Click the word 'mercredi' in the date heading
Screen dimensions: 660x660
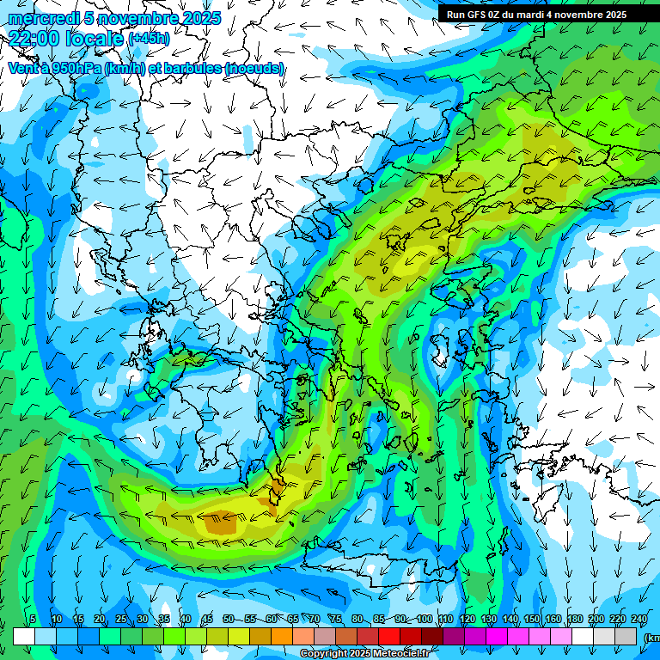pyautogui.click(x=39, y=18)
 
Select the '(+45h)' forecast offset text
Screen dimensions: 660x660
pyautogui.click(x=149, y=39)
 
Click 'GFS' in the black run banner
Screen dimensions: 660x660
pyautogui.click(x=477, y=15)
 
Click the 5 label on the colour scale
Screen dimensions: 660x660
pyautogui.click(x=33, y=620)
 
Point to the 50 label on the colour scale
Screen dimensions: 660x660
pyautogui.click(x=228, y=620)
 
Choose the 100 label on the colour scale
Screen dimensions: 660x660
pyautogui.click(x=424, y=620)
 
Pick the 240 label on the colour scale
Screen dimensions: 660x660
pyautogui.click(x=639, y=620)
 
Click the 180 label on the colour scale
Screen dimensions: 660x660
pyautogui.click(x=574, y=620)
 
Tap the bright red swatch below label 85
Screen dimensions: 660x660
pyautogui.click(x=388, y=636)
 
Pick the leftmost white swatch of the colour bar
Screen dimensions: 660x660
pyautogui.click(x=24, y=636)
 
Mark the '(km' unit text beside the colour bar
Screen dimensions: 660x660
pyautogui.click(x=652, y=638)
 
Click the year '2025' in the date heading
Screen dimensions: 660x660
pyautogui.click(x=196, y=18)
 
